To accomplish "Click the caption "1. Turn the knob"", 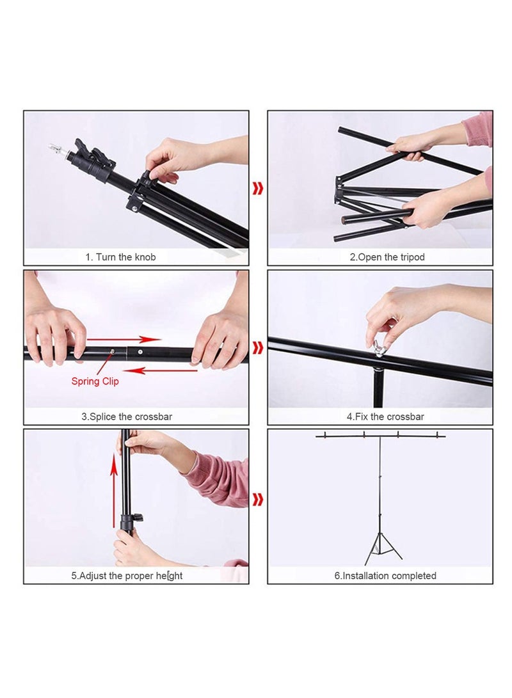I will point(120,257).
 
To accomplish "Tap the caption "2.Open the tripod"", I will point(387,257).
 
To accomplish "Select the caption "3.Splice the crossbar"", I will point(126,416).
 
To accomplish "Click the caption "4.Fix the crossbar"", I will point(385,416).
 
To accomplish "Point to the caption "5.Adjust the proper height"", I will point(127,576).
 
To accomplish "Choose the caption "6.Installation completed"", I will point(385,576).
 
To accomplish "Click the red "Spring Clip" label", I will point(95,381).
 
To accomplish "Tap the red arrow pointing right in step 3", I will point(124,339).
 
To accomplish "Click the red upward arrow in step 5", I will point(115,493).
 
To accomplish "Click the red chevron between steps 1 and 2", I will point(258,189).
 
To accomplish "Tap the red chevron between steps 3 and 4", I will point(258,347).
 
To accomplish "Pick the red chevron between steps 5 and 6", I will point(258,500).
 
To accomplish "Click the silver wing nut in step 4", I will point(379,349).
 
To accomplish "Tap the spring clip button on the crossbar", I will point(113,351).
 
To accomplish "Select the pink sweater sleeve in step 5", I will point(218,480).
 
